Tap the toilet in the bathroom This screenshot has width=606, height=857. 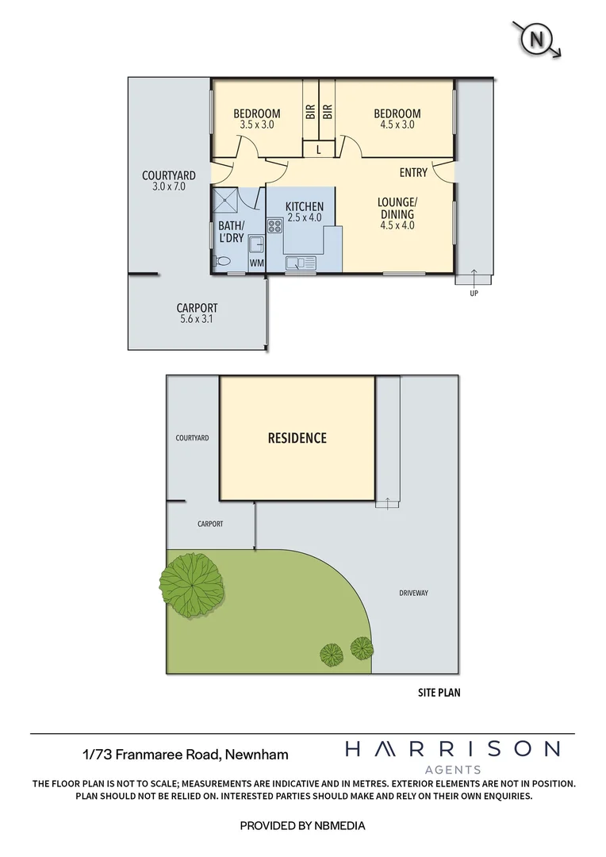pos(224,260)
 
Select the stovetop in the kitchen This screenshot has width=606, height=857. pos(275,226)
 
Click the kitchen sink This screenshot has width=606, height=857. pos(301,263)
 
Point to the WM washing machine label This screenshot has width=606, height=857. pos(256,263)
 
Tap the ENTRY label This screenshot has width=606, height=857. pos(413,173)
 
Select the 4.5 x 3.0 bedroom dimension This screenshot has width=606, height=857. pos(397,125)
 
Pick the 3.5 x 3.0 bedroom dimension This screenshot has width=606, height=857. pos(256,125)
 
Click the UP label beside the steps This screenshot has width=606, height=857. pos(474,293)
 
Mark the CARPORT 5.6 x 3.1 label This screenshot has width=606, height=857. pos(197,313)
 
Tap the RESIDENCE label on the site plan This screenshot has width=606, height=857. pos(297,438)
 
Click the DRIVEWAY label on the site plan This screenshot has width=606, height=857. pos(412,593)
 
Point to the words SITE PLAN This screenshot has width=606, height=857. pos(439,692)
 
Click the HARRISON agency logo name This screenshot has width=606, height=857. pos(452,748)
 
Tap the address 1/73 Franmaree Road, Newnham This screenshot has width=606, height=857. pos(186,755)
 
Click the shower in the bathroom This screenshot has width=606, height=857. pos(227,200)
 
